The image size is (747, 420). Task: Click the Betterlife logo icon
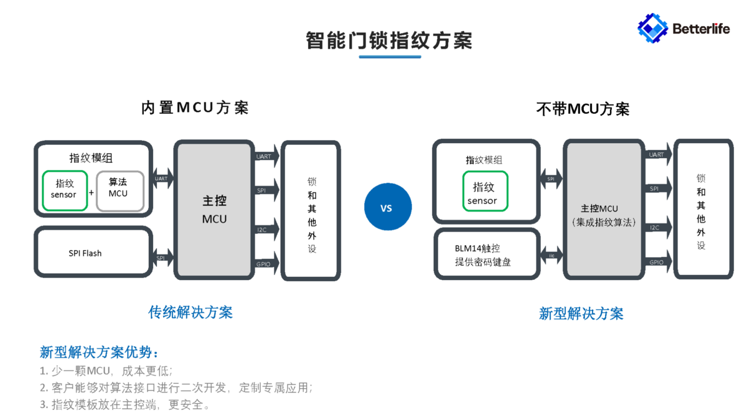click(x=652, y=29)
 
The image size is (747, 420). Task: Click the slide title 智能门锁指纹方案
click(x=389, y=40)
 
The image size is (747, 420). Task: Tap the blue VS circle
click(x=388, y=207)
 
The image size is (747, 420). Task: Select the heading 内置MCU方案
click(x=195, y=108)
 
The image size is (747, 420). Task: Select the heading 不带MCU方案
click(x=583, y=110)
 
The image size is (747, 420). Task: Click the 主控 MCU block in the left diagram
click(x=214, y=209)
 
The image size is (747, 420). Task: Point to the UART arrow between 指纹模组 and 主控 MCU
click(x=161, y=179)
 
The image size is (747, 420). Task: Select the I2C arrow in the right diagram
click(x=658, y=228)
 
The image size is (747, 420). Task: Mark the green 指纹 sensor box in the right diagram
click(x=485, y=191)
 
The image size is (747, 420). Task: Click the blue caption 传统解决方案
click(x=190, y=312)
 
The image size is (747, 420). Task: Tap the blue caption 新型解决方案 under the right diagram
click(x=581, y=313)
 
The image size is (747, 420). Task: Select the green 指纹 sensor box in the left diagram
click(x=65, y=189)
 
